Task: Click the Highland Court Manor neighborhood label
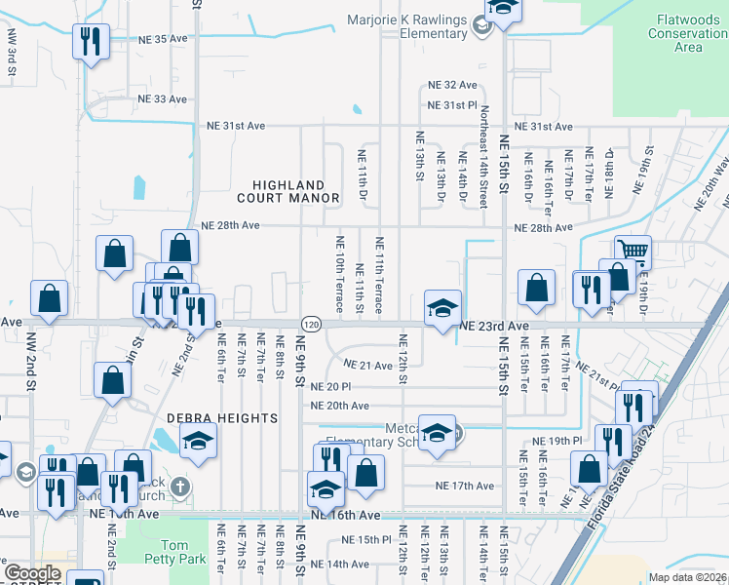tap(295, 191)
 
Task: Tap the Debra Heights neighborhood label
tap(222, 418)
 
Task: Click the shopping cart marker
tap(633, 253)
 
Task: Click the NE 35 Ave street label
tap(162, 39)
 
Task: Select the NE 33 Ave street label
tap(162, 99)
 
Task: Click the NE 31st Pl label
tap(452, 105)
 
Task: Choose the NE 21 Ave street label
tap(367, 365)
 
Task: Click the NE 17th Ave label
tap(465, 486)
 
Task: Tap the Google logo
tap(32, 573)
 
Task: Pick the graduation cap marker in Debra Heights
tap(198, 442)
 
